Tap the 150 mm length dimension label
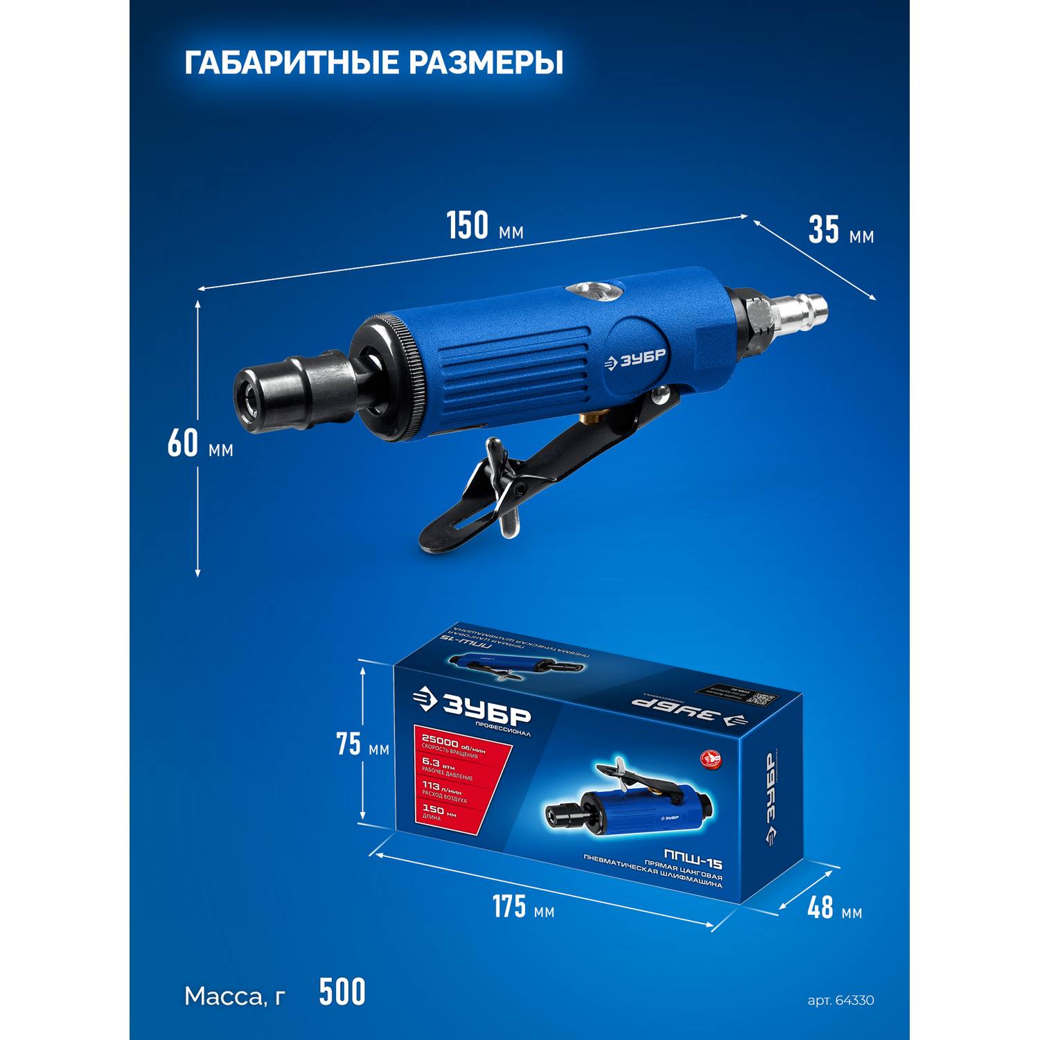click(x=484, y=227)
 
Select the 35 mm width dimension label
click(x=840, y=231)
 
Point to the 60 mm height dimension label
click(x=200, y=444)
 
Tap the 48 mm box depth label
click(x=834, y=907)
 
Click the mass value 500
click(x=342, y=992)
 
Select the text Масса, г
click(x=235, y=996)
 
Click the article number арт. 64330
click(x=840, y=1001)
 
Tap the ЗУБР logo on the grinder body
click(x=635, y=361)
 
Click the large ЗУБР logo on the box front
click(x=473, y=710)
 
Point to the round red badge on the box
click(x=710, y=759)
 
